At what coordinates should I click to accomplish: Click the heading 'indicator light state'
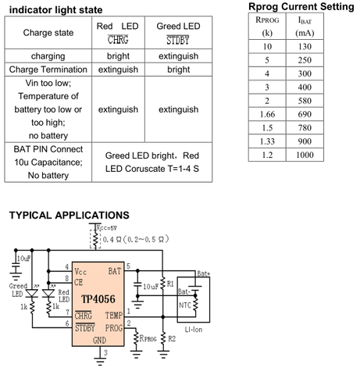click(x=55, y=10)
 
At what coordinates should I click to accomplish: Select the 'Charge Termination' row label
click(x=48, y=70)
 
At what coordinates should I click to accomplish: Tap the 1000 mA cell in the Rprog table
click(x=305, y=155)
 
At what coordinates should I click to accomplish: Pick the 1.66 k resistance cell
click(x=267, y=114)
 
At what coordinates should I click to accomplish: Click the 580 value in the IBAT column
click(x=305, y=101)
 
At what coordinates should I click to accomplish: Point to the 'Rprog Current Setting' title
click(x=301, y=6)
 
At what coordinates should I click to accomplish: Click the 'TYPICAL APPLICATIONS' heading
click(x=70, y=216)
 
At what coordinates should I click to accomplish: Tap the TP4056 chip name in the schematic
click(x=98, y=299)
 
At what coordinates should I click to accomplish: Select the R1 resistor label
click(x=170, y=284)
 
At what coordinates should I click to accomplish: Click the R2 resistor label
click(x=172, y=338)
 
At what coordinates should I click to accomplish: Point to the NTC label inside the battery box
click(x=185, y=305)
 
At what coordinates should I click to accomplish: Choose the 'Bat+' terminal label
click(x=204, y=273)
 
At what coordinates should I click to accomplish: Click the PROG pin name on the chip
click(x=114, y=328)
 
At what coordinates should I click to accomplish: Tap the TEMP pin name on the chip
click(x=114, y=316)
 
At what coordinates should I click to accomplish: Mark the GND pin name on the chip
click(x=99, y=340)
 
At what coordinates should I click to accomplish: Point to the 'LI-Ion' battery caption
click(x=194, y=330)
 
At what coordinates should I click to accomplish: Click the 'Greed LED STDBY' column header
click(x=178, y=33)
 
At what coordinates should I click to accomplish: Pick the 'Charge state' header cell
click(x=48, y=33)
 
